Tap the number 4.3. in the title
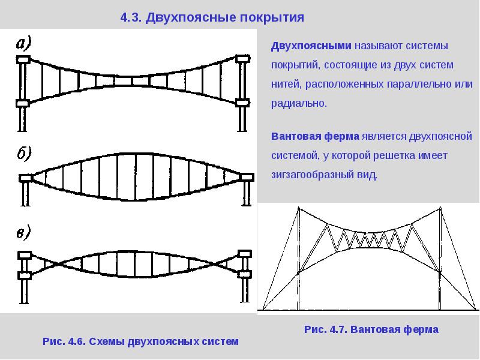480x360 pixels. pyautogui.click(x=131, y=17)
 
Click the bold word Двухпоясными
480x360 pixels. pyautogui.click(x=311, y=46)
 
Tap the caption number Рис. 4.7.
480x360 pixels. pyautogui.click(x=326, y=329)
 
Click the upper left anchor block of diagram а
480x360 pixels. pyautogui.click(x=23, y=59)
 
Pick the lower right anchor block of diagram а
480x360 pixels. pyautogui.click(x=243, y=103)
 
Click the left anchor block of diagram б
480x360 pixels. pyautogui.click(x=25, y=178)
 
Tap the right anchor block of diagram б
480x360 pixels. pyautogui.click(x=246, y=176)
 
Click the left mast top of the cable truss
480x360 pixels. pyautogui.click(x=298, y=208)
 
